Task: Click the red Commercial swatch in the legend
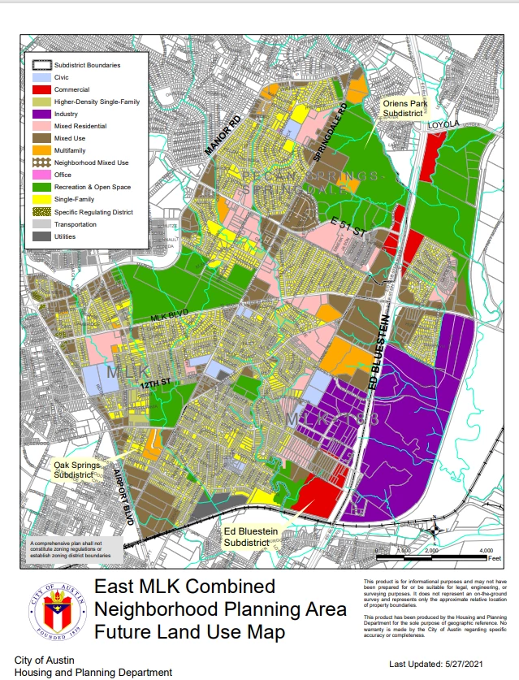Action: click(42, 89)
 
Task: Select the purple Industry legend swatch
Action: click(42, 114)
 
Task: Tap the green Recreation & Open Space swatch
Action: click(42, 187)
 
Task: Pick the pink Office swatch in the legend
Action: click(42, 175)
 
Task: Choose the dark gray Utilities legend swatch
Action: click(42, 236)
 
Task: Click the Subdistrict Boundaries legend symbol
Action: click(42, 64)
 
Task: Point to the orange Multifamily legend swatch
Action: click(42, 150)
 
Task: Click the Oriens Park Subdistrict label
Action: click(404, 109)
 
